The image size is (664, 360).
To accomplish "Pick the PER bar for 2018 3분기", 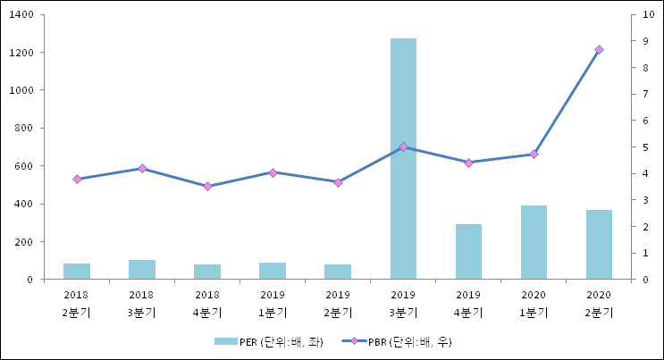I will click(142, 270).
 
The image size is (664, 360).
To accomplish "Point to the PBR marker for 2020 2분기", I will click(599, 50).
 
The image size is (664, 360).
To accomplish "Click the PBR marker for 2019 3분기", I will click(403, 147).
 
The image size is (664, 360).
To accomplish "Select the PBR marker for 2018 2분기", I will click(77, 180).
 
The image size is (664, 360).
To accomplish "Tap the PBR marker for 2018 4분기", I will click(207, 187).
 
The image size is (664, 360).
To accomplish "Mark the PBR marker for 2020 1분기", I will click(534, 155).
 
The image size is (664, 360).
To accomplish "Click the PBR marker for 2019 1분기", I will click(273, 172).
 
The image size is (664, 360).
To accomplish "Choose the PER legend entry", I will click(268, 342).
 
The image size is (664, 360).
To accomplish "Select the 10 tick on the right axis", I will click(636, 15).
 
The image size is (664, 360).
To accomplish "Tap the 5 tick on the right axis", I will click(634, 147).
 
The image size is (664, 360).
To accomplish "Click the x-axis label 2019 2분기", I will click(338, 303).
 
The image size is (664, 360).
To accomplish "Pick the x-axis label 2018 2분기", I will click(77, 303).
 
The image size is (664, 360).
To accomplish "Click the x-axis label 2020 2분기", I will click(599, 303).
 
